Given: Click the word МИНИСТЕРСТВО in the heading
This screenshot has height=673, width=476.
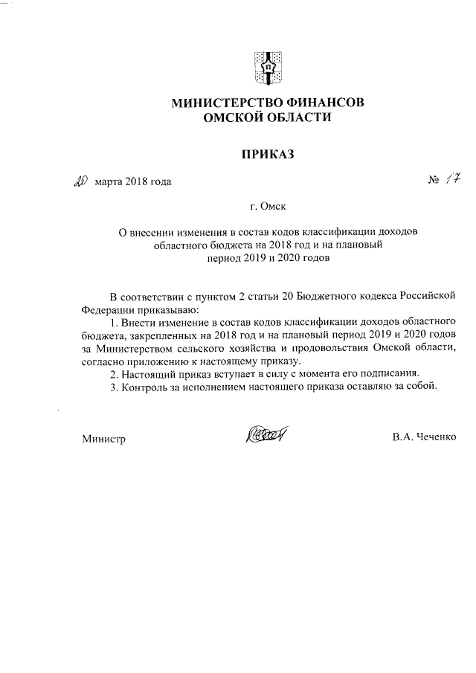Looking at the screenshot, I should click(x=225, y=103).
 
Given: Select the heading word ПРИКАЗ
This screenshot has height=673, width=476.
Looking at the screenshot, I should click(x=268, y=155).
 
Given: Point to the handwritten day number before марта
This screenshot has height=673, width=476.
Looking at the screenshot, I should click(x=81, y=181).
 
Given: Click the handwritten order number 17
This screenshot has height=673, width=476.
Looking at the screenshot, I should click(x=453, y=179).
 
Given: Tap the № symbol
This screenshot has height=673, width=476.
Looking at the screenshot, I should click(x=433, y=181).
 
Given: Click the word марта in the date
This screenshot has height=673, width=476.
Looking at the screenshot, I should click(x=109, y=182).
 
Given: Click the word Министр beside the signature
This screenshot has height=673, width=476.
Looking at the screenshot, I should click(x=103, y=439).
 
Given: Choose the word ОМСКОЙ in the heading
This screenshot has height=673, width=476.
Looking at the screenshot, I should click(x=228, y=117).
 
